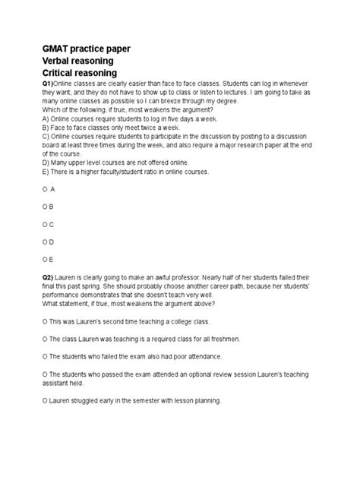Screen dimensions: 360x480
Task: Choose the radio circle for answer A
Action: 46,188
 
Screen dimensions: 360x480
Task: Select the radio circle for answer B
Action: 46,207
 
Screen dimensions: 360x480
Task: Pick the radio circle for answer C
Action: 46,225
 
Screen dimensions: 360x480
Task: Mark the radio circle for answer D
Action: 46,243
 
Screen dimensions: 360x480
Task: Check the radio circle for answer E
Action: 46,261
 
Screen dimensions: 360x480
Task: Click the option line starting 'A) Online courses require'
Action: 126,118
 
